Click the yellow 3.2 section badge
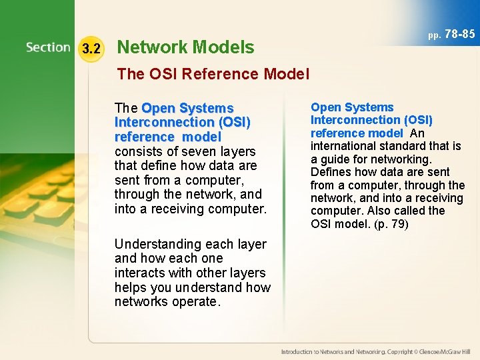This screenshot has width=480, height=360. click(91, 49)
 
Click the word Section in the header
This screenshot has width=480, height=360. click(48, 47)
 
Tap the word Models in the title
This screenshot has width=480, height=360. click(223, 47)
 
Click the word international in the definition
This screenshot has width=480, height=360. click(343, 146)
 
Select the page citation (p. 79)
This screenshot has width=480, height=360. click(391, 224)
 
